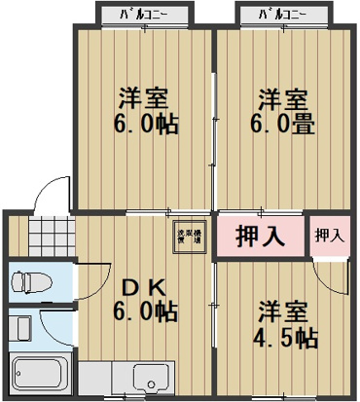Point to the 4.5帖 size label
(284, 338)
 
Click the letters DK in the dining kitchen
(144, 289)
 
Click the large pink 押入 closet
(261, 237)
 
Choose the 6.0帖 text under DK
(144, 313)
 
